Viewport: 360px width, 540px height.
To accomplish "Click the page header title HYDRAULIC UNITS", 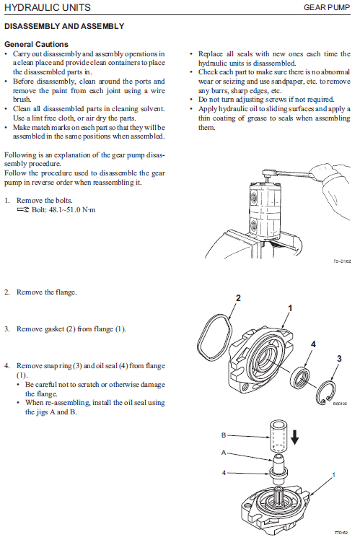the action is [x=48, y=7].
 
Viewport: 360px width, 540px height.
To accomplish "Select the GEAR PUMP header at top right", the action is [x=327, y=7].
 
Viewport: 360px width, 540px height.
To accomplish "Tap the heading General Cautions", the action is [x=36, y=45].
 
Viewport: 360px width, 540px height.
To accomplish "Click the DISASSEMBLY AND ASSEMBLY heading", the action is [x=64, y=26].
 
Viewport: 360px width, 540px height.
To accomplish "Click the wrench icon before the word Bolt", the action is [x=23, y=210].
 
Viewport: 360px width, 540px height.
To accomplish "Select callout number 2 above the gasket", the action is [x=238, y=298].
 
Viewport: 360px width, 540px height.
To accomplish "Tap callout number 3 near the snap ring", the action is [x=339, y=359].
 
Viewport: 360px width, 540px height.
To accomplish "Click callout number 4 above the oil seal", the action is [x=313, y=344].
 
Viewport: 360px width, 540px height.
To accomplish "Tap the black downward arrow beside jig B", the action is [x=294, y=436].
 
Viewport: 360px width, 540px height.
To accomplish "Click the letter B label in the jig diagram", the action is [x=224, y=435].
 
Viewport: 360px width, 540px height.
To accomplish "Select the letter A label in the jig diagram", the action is [x=224, y=453].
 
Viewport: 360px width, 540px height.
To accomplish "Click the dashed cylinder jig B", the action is [x=278, y=435].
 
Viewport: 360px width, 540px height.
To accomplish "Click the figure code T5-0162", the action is [x=342, y=261].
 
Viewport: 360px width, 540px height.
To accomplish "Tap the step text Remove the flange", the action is [x=46, y=292].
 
